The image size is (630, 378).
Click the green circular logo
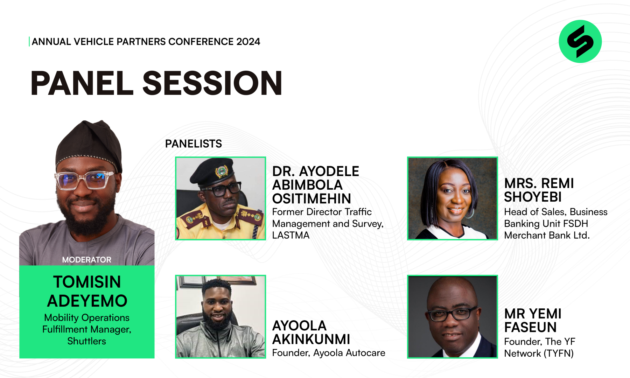point(580,41)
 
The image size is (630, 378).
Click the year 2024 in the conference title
point(248,42)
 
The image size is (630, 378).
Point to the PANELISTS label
point(194,143)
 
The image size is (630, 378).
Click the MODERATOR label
point(87,260)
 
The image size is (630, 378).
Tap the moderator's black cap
point(89,145)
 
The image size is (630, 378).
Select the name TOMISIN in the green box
point(87,282)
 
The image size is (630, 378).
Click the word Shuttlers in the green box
point(87,341)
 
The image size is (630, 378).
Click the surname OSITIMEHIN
point(311,198)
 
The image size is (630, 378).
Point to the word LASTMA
point(291,235)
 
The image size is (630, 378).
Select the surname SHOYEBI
point(533,197)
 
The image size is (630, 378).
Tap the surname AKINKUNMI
point(311,339)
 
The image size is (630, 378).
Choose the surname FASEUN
point(530,327)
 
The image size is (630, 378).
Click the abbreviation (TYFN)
point(559,353)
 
